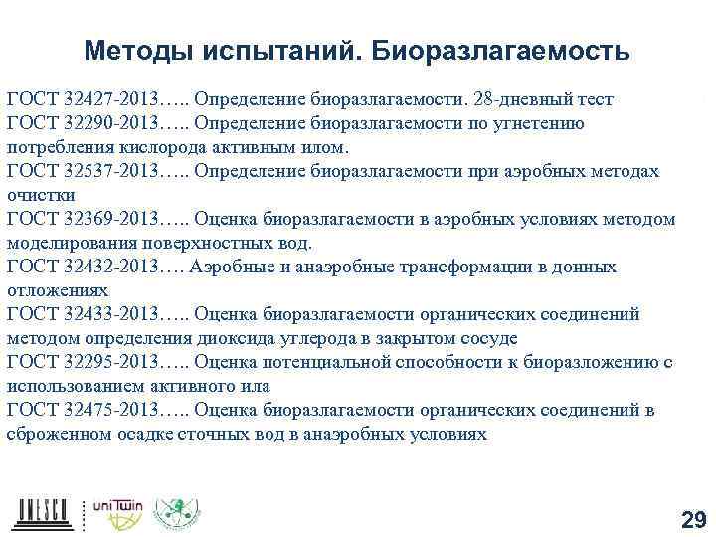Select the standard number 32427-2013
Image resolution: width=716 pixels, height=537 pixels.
[x=109, y=99]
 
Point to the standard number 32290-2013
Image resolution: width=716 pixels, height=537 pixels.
[x=109, y=124]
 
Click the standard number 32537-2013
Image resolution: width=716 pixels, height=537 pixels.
[x=109, y=172]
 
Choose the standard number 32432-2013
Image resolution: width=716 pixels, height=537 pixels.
[x=109, y=268]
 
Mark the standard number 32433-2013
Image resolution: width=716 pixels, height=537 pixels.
[x=109, y=315]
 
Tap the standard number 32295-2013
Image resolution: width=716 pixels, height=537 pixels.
[x=109, y=363]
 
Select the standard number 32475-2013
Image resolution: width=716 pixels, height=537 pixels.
[x=109, y=411]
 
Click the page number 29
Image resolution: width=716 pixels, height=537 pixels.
[x=692, y=519]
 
